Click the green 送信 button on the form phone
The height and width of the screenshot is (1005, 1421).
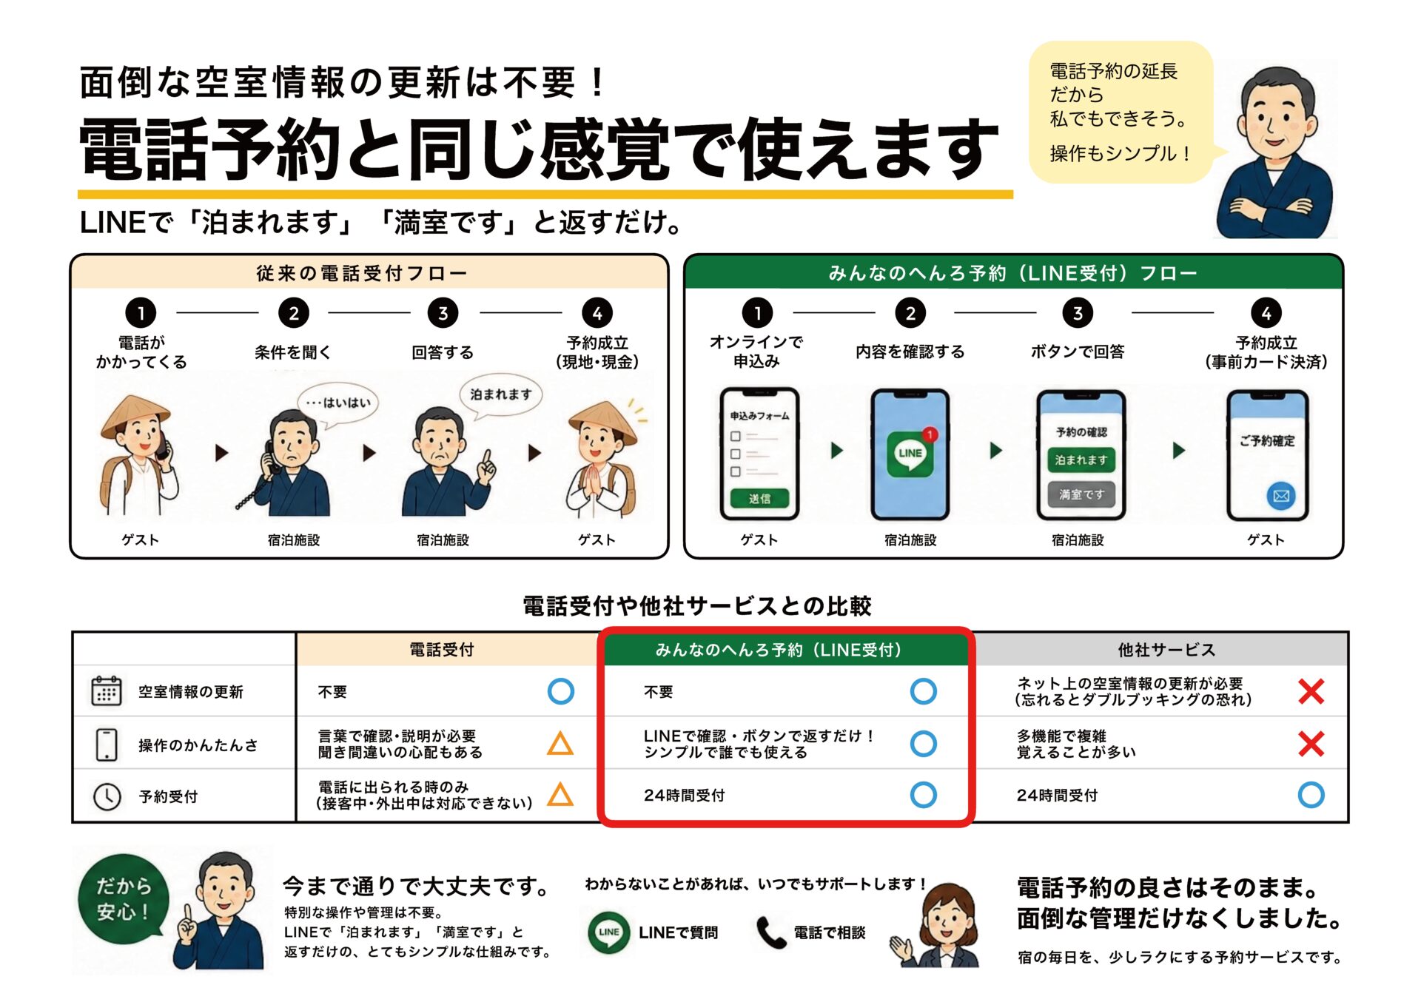tap(759, 499)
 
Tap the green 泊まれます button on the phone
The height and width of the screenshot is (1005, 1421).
tap(1081, 460)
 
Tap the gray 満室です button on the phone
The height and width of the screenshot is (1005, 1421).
tap(1081, 494)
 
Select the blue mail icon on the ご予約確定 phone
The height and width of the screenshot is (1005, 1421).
tap(1281, 495)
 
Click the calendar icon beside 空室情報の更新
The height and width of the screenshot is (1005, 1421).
tap(106, 690)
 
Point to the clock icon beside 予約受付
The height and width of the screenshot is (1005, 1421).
tap(107, 796)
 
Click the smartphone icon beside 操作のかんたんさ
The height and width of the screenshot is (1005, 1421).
tap(107, 744)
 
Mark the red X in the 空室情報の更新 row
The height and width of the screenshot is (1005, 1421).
tap(1311, 691)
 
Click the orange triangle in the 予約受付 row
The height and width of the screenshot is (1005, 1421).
tap(560, 794)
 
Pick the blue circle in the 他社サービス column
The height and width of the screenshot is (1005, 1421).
tap(1311, 795)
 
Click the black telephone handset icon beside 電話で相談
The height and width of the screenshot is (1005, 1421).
tap(770, 932)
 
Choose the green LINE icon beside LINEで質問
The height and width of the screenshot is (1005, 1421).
tap(608, 932)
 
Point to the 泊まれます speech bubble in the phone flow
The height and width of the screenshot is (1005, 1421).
tap(500, 396)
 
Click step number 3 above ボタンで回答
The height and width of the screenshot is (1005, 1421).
tap(1078, 313)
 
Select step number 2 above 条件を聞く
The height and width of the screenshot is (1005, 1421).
tap(294, 313)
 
